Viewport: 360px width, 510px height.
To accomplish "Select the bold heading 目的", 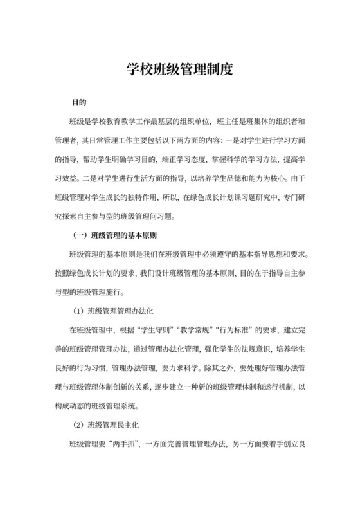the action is click(79, 102).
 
